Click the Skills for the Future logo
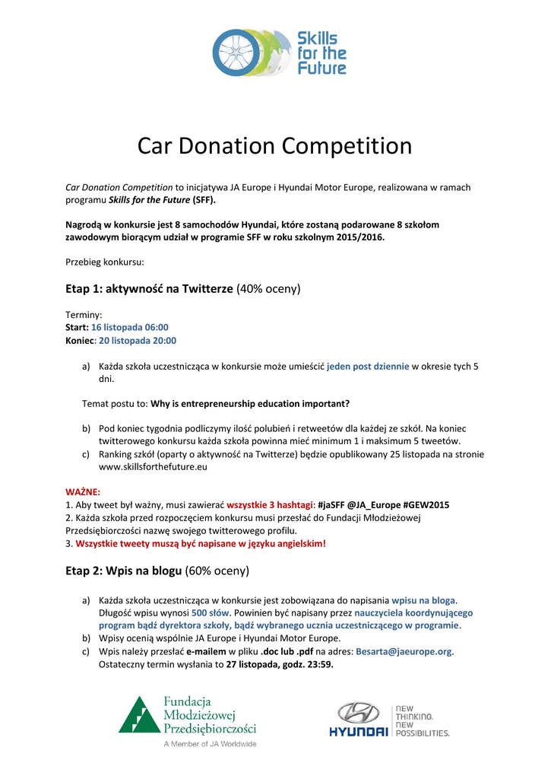pos(279,52)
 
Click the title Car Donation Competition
pos(275,145)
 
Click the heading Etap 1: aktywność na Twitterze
pos(150,288)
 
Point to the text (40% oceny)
pos(269,288)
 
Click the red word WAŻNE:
pos(83,491)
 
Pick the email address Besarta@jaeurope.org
pos(404,651)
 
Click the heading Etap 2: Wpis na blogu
pos(124,570)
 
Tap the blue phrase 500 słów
pos(211,612)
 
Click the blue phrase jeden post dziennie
pos(368,366)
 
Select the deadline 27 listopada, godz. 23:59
pos(280,664)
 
